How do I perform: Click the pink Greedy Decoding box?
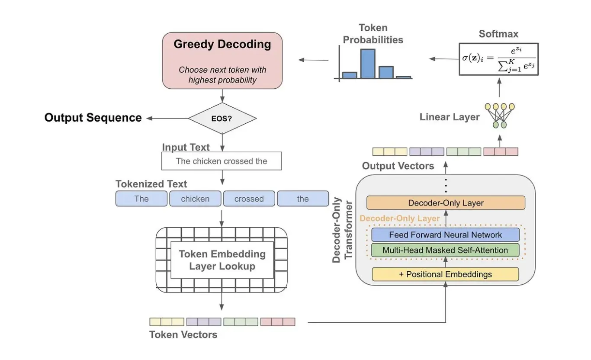pos(222,61)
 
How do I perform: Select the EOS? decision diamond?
pos(222,118)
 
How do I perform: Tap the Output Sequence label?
pos(93,118)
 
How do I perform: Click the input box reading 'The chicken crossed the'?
pos(222,161)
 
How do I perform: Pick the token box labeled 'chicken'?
pos(195,199)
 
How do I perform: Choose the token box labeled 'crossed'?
pos(249,199)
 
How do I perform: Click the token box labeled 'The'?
pos(141,199)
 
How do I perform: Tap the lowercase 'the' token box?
pos(303,199)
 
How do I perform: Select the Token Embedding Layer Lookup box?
pos(222,260)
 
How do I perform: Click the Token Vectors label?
pos(183,334)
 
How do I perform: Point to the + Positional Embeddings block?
pos(445,274)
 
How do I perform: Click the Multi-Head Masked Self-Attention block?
pos(445,250)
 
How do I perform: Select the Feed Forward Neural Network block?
pos(445,235)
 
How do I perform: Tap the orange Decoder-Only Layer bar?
pos(446,203)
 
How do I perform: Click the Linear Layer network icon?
pos(499,115)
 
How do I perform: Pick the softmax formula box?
pos(498,59)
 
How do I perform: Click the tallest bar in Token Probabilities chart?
pos(368,64)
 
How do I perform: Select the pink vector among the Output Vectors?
pos(501,151)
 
